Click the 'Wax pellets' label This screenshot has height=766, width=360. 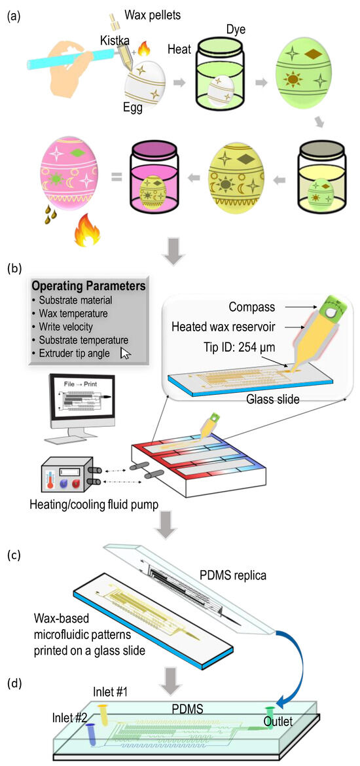[x=153, y=13]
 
